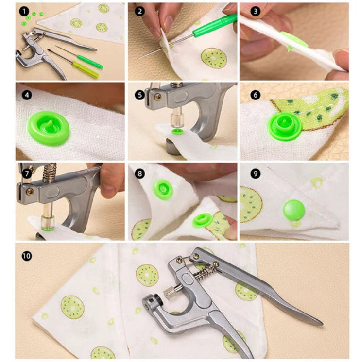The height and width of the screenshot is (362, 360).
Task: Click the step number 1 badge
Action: coord(24,12)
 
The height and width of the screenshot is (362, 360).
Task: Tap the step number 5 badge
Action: coord(139,95)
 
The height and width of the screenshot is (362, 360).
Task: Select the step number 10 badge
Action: coord(27,256)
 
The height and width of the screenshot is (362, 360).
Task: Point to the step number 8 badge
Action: coord(139,173)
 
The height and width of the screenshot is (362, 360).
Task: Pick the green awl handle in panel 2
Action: coord(215,25)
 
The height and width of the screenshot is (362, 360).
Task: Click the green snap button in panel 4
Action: coord(48,128)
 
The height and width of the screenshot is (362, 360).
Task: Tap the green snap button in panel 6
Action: coord(285,126)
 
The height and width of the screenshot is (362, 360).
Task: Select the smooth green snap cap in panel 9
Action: coord(294,210)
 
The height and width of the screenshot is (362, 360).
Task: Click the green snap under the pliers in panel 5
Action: coord(178,132)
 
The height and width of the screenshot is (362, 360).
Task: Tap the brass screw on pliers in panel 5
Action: coord(158,97)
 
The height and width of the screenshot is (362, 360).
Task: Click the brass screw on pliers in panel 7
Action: coord(30,191)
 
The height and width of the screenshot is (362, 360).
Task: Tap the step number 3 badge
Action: coord(256,12)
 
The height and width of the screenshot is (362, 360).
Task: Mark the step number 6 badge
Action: coord(256,95)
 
